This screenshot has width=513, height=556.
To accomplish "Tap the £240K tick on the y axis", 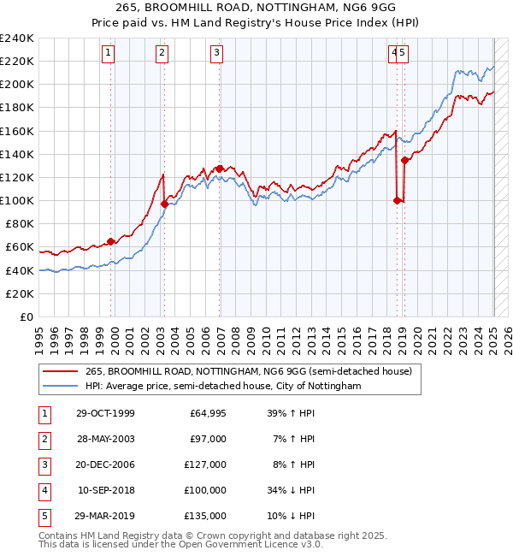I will (x=17, y=38).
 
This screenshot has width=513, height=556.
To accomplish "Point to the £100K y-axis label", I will (x=17, y=200).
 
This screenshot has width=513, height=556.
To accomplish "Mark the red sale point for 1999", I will (x=111, y=241).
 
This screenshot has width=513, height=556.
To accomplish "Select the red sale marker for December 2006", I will (x=220, y=169).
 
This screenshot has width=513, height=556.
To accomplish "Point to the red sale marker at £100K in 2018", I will (x=398, y=200).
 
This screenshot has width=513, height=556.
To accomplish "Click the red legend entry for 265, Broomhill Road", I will (x=249, y=371).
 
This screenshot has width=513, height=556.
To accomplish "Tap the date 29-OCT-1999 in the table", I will (x=105, y=414).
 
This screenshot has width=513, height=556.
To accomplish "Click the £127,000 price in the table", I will (x=208, y=465).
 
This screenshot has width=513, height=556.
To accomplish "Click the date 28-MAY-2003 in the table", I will (x=105, y=440).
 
